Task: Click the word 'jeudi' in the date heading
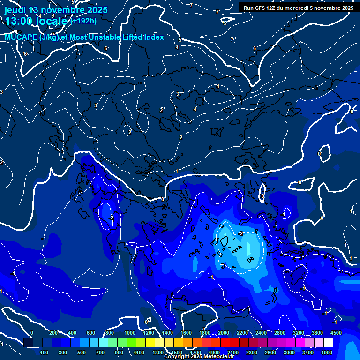pos(15,10)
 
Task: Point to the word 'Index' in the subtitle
pos(153,37)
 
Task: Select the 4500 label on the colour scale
pos(336,333)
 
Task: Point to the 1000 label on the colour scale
pos(130,333)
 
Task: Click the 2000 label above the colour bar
pos(224,333)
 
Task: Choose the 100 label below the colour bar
pos(45,352)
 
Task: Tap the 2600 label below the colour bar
pos(270,352)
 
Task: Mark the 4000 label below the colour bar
pos(327,352)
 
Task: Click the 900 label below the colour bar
pos(119,352)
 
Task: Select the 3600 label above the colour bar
pos(317,333)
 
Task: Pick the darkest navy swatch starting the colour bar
pos(28,343)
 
